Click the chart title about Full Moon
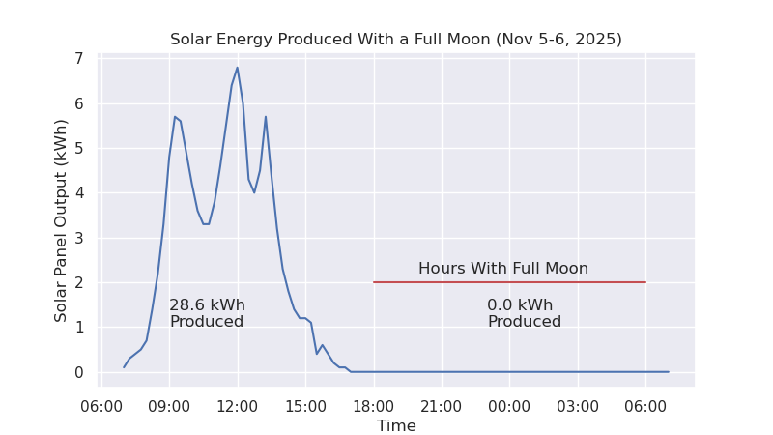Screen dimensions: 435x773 pyautogui.click(x=396, y=40)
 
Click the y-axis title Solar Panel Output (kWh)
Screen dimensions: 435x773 pyautogui.click(x=62, y=220)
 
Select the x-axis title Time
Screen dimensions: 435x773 pyautogui.click(x=396, y=426)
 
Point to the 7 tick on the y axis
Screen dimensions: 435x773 pyautogui.click(x=78, y=59)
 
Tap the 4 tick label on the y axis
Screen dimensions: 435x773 pyautogui.click(x=78, y=193)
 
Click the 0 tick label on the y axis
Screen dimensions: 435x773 pyautogui.click(x=78, y=372)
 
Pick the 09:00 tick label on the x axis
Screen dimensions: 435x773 pyautogui.click(x=169, y=406)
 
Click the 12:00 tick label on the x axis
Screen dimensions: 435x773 pyautogui.click(x=237, y=406)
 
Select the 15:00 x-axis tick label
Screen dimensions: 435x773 pyautogui.click(x=305, y=406)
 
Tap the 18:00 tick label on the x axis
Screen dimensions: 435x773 pyautogui.click(x=374, y=406)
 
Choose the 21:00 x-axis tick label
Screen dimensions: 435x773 pyautogui.click(x=442, y=406)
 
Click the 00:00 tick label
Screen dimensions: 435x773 pyautogui.click(x=509, y=406)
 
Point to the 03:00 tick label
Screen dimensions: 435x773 pyautogui.click(x=578, y=406)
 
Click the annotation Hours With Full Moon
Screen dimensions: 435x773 pyautogui.click(x=503, y=269)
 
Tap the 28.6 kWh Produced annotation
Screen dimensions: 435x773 pyautogui.click(x=207, y=313)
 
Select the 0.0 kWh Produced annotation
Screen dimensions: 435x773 pyautogui.click(x=524, y=313)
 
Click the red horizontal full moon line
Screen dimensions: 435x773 pyautogui.click(x=509, y=282)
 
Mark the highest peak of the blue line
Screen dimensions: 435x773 pyautogui.click(x=237, y=68)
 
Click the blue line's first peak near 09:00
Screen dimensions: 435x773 pyautogui.click(x=175, y=117)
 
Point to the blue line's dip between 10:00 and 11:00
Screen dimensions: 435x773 pyautogui.click(x=206, y=224)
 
